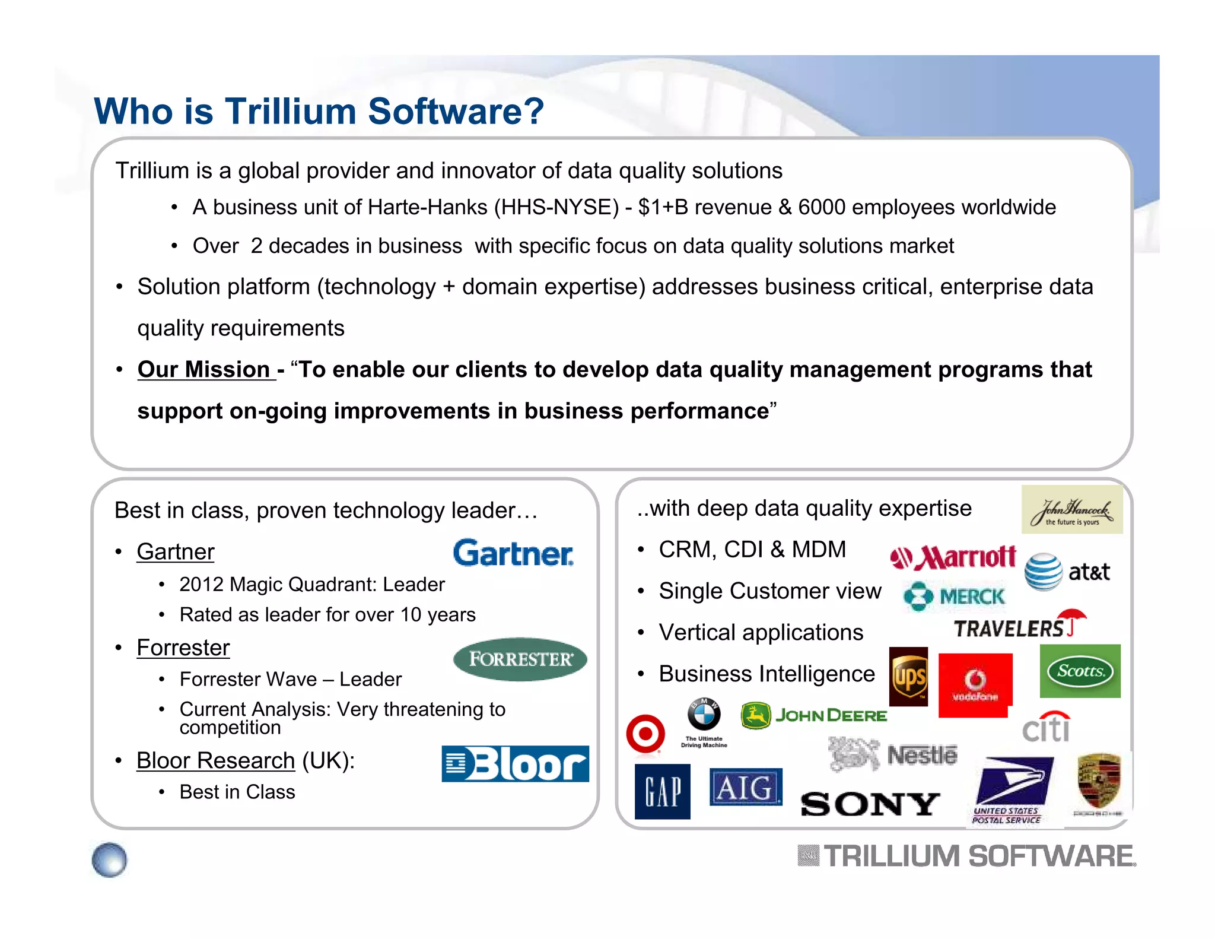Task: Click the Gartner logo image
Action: (x=513, y=553)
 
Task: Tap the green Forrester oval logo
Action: (x=520, y=659)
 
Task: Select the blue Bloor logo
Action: (x=515, y=764)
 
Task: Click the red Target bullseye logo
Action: (x=645, y=734)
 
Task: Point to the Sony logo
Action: (x=870, y=804)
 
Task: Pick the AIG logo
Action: (x=746, y=787)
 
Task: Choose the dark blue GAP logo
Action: (x=662, y=792)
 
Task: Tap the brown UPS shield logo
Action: (x=908, y=677)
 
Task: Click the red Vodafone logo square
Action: (x=975, y=685)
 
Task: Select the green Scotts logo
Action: (x=1080, y=671)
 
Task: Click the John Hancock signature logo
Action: (x=1071, y=509)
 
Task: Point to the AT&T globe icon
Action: (x=1044, y=572)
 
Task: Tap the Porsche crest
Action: (x=1099, y=781)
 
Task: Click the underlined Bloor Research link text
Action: (x=215, y=760)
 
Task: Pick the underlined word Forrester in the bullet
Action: (x=183, y=648)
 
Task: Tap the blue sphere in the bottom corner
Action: (x=110, y=859)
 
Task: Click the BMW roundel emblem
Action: (x=704, y=714)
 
